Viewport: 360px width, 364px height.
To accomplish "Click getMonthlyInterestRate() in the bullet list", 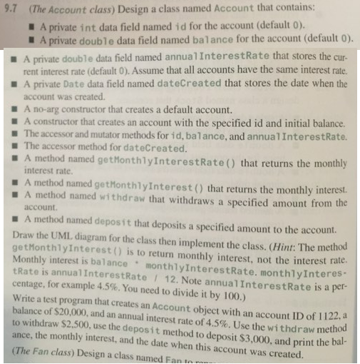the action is point(178,161).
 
